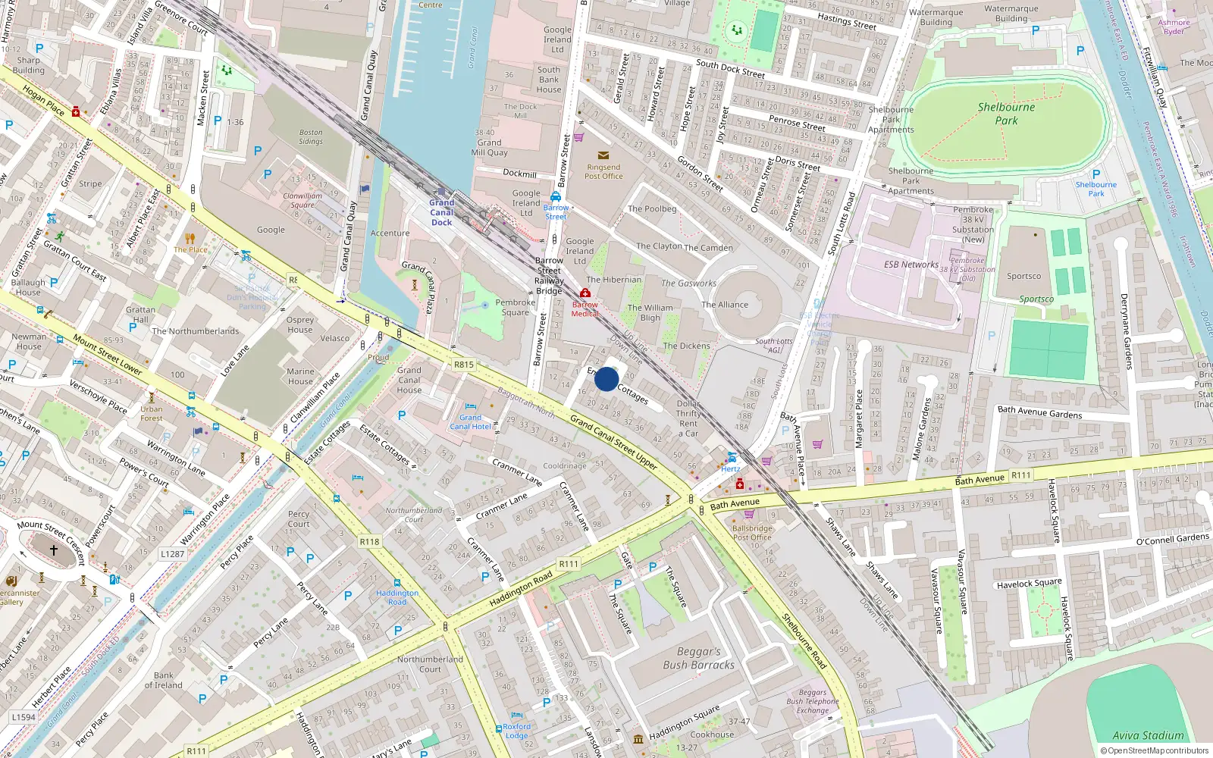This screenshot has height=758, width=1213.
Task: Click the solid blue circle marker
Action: click(x=606, y=379)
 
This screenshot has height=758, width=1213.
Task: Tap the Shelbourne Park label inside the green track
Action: click(x=1006, y=114)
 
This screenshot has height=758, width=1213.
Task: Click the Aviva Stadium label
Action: click(x=1148, y=735)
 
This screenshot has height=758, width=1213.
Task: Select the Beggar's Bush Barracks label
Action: click(x=698, y=658)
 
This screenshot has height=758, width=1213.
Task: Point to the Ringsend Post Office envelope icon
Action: click(x=603, y=155)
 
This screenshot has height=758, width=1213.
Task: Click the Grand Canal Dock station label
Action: click(x=442, y=212)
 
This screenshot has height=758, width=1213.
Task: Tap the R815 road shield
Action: click(x=464, y=365)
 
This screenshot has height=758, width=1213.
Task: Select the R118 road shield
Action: click(x=369, y=541)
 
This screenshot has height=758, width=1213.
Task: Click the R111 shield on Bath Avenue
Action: click(x=1020, y=475)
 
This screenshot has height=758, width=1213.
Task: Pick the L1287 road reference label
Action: click(x=172, y=553)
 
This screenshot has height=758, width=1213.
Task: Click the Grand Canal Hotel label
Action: click(x=470, y=422)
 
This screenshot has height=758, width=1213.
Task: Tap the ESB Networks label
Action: click(x=911, y=265)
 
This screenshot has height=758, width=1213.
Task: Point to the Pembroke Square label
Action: click(x=515, y=307)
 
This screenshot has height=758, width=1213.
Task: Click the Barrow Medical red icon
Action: click(x=585, y=293)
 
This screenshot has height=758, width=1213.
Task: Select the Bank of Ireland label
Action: click(x=163, y=680)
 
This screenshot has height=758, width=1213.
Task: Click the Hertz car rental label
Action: click(x=731, y=468)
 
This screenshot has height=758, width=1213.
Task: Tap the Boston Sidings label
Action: click(x=310, y=136)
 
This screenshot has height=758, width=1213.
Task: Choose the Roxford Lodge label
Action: click(x=516, y=731)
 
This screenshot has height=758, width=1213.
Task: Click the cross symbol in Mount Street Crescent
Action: click(x=54, y=550)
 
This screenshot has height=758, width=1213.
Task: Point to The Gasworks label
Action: click(x=688, y=283)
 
